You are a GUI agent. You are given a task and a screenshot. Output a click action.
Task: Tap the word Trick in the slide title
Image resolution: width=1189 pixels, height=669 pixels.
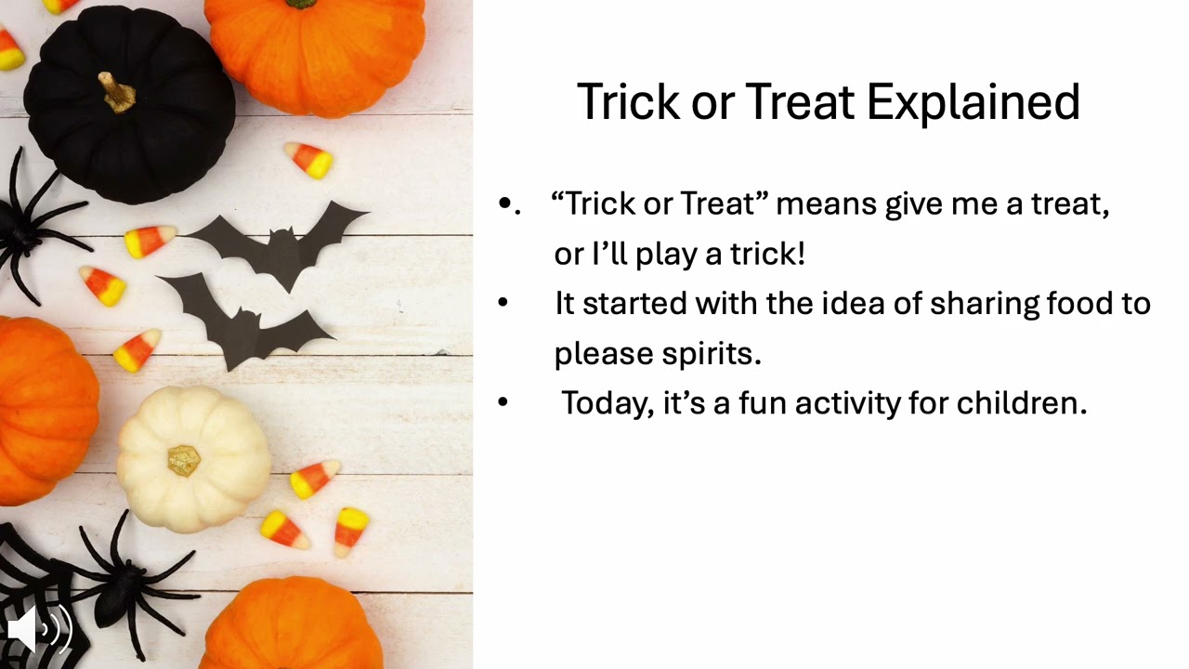click(629, 102)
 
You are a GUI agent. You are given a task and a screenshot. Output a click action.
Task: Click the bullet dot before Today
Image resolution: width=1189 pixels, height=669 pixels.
click(503, 402)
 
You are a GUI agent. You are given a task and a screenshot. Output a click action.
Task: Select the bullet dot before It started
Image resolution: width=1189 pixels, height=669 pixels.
click(503, 303)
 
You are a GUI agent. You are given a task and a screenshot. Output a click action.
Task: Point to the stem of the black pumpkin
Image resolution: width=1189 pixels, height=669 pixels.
click(118, 92)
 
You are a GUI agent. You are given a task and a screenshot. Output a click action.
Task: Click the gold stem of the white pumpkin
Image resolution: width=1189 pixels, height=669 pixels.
click(184, 460)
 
